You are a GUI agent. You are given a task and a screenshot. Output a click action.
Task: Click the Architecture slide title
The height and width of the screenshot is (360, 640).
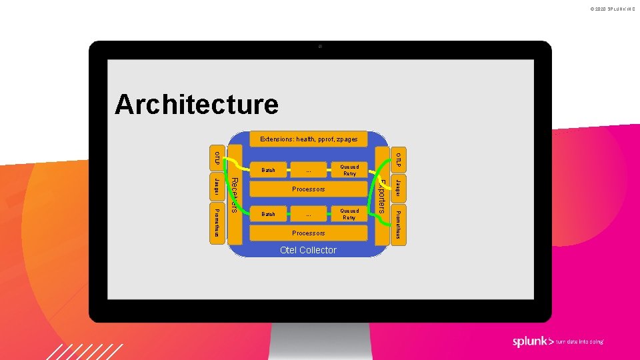[197, 105]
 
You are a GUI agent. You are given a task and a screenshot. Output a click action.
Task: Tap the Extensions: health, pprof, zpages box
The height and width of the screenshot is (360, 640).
[309, 139]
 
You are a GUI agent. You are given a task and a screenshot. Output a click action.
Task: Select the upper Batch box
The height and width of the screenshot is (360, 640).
[268, 170]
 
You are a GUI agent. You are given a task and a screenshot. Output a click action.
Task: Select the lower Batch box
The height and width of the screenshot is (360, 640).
[268, 214]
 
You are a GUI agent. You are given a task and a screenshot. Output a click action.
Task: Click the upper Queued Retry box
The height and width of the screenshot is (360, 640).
[349, 170]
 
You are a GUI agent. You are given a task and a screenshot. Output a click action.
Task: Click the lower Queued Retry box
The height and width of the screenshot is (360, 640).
[349, 214]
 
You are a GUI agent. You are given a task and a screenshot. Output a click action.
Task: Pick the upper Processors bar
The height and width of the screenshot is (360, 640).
[308, 189]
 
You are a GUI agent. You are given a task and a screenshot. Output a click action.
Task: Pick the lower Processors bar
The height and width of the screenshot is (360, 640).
[308, 233]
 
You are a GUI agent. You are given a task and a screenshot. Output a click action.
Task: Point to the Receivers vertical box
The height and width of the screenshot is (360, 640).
[234, 195]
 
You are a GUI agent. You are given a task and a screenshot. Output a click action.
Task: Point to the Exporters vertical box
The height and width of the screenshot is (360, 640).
[382, 195]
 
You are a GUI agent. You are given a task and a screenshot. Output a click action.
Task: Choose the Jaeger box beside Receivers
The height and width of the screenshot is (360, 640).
[217, 188]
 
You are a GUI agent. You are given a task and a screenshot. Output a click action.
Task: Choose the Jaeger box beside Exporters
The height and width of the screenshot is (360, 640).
[398, 189]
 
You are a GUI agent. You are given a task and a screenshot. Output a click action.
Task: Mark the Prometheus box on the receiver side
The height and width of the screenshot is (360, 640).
[217, 224]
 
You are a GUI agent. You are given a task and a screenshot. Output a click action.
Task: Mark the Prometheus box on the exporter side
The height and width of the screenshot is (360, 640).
[398, 225]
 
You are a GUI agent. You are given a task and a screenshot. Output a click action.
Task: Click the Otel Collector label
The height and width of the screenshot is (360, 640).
[308, 250]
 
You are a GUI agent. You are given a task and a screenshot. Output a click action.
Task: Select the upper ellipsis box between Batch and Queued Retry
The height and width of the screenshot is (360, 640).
[308, 170]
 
